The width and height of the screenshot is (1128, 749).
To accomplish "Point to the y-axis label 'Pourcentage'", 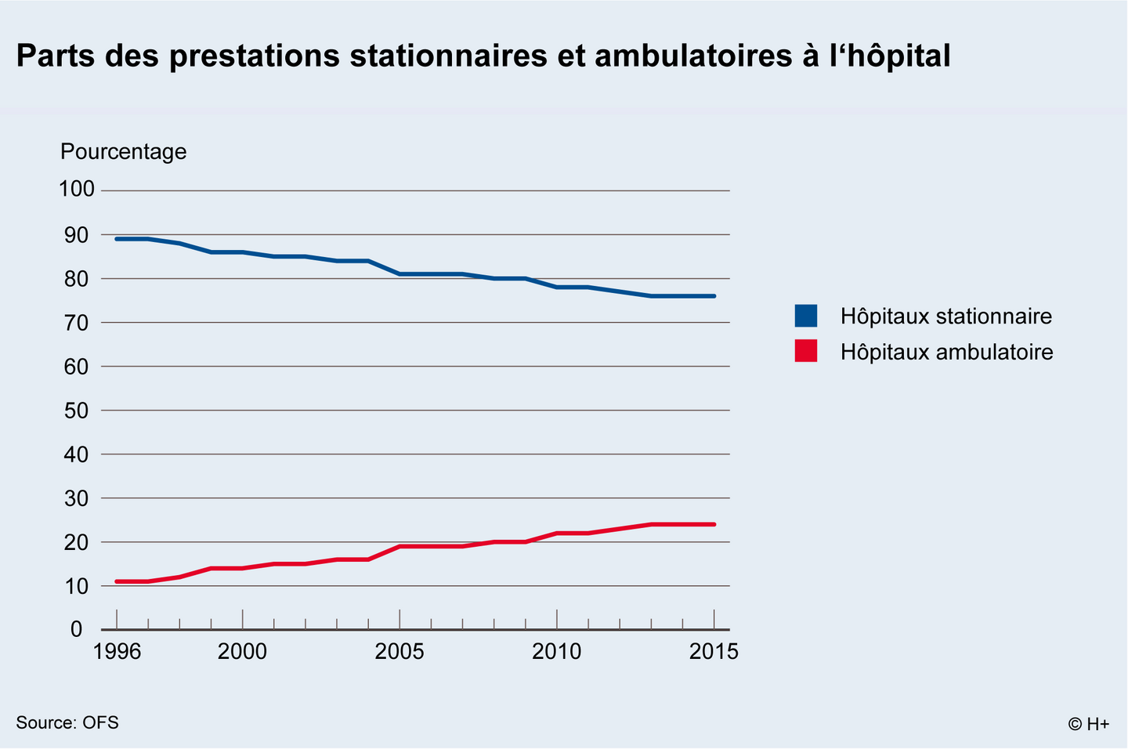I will click(123, 151).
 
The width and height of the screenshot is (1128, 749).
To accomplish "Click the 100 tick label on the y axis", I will click(76, 190).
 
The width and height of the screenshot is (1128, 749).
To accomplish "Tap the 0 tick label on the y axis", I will click(76, 629).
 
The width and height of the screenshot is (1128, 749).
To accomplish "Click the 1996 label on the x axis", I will click(117, 651).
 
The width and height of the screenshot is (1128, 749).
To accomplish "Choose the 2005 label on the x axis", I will click(399, 651).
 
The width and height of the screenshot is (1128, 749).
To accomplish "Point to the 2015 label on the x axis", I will click(714, 651).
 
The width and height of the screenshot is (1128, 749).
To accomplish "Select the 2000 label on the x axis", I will click(242, 651).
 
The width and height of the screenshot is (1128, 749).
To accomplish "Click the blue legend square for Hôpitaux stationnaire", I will click(806, 316).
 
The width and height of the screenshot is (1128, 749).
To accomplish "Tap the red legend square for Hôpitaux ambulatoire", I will click(806, 351).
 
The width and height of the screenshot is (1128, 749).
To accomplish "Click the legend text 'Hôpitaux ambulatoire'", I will click(946, 352).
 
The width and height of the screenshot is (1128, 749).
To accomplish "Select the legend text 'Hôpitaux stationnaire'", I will click(945, 317).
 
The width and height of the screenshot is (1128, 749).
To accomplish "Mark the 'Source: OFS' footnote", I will click(67, 722).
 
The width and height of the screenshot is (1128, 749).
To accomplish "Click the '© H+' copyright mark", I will click(1088, 724).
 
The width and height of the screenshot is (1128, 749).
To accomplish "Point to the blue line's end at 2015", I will click(714, 296).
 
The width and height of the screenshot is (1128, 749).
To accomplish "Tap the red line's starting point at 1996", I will click(117, 581).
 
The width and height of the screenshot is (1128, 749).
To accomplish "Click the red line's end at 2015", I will click(714, 524).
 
